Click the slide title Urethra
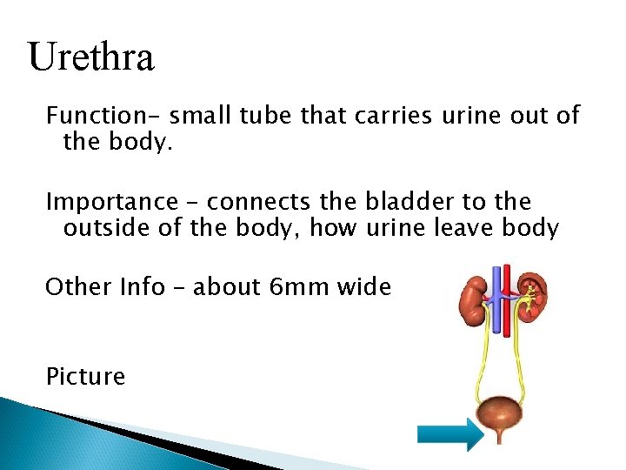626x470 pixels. (x=91, y=57)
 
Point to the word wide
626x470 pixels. (x=363, y=287)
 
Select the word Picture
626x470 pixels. (x=85, y=376)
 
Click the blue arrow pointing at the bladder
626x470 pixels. (x=449, y=434)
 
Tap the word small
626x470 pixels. (x=196, y=115)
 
